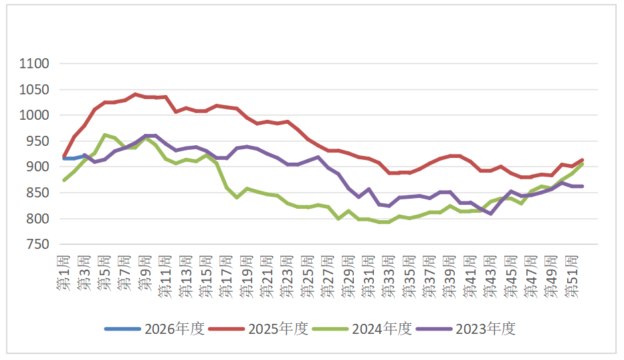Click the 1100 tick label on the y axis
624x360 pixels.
[35, 64]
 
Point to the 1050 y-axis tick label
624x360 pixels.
[35, 90]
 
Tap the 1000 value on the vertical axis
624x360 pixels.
[35, 116]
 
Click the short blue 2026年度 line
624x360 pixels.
[74, 157]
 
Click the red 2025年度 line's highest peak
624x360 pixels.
[136, 94]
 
